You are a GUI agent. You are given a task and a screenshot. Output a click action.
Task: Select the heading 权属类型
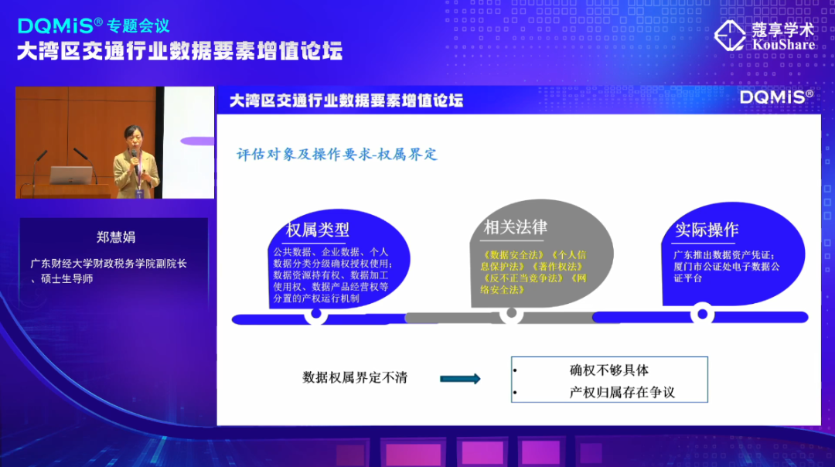pyautogui.click(x=318, y=230)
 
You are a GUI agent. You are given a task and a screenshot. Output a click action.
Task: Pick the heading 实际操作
pyautogui.click(x=707, y=230)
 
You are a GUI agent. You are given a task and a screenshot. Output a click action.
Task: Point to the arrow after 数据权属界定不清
pyautogui.click(x=460, y=379)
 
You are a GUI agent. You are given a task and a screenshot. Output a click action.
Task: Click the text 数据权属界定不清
pyautogui.click(x=354, y=378)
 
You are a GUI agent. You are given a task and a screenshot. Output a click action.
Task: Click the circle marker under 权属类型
pyautogui.click(x=315, y=315)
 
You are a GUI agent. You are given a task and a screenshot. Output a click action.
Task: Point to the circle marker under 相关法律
pyautogui.click(x=510, y=314)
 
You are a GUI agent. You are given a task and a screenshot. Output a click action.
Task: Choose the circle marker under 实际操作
pyautogui.click(x=702, y=314)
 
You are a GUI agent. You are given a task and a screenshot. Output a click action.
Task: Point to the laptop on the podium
pyautogui.click(x=71, y=175)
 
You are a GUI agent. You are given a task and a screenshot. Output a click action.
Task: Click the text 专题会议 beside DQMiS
pyautogui.click(x=138, y=26)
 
